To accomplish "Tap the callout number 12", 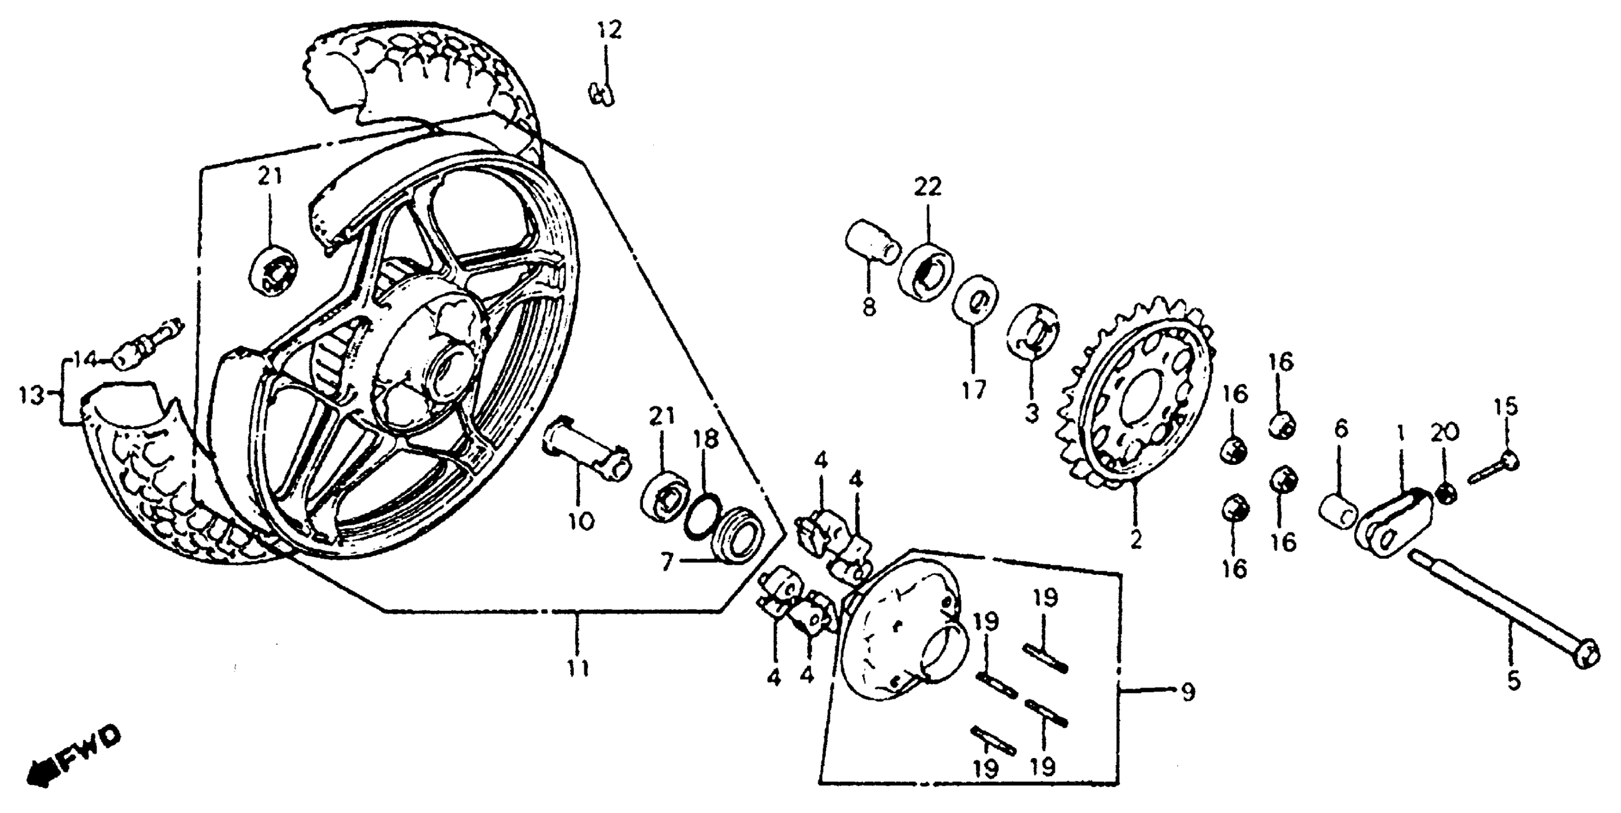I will [x=608, y=30].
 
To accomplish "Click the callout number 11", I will [x=578, y=668].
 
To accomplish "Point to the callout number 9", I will [x=1187, y=692].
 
